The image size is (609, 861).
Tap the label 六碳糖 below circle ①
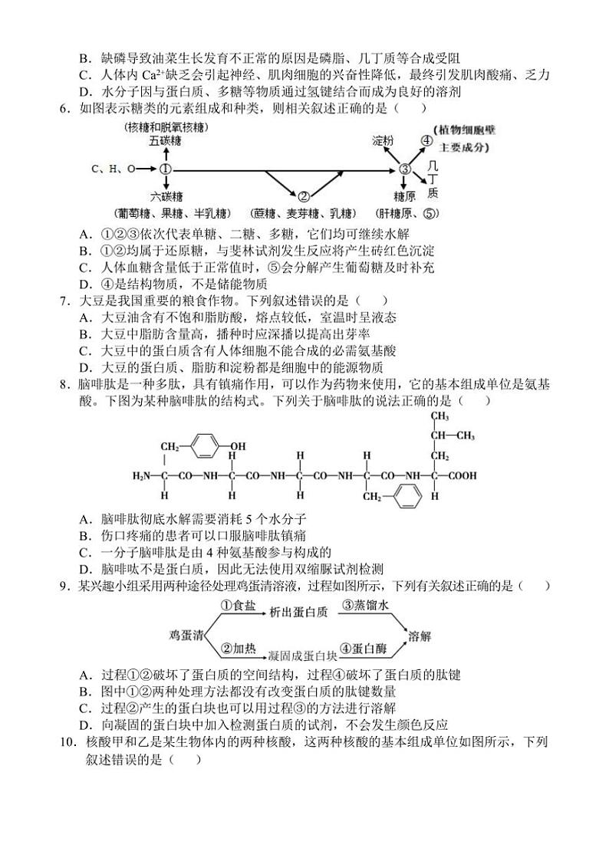[166, 196]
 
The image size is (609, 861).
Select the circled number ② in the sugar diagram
[303, 196]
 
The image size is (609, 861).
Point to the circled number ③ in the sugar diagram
[407, 169]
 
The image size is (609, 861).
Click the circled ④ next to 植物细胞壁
[426, 141]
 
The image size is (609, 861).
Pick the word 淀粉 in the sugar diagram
[383, 141]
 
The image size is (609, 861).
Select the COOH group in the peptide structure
[463, 475]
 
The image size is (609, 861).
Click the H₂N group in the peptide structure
[144, 475]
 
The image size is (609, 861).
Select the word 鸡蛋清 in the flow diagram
[186, 635]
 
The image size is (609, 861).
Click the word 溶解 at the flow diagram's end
[420, 635]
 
